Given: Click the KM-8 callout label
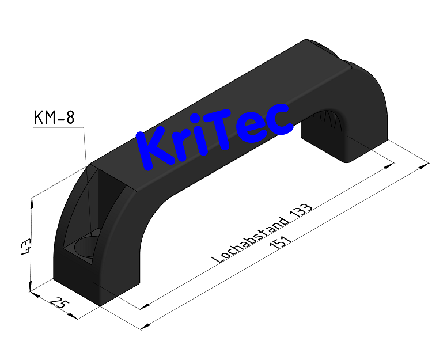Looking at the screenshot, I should (x=54, y=118).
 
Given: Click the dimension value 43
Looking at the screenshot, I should (x=25, y=246).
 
